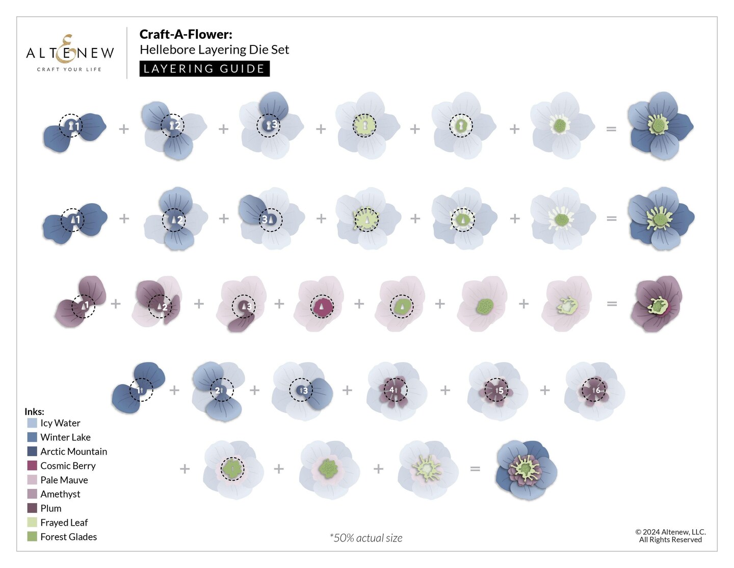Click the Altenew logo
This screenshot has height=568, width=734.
click(x=70, y=53)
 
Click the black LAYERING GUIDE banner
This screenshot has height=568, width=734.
click(x=204, y=69)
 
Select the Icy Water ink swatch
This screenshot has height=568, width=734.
click(x=32, y=423)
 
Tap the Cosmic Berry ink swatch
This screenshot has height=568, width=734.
click(x=32, y=465)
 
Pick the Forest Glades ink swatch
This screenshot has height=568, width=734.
click(x=32, y=536)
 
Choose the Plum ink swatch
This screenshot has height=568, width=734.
click(x=32, y=508)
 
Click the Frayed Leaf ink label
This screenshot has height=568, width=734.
click(x=64, y=523)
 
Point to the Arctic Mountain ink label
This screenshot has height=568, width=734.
click(x=74, y=452)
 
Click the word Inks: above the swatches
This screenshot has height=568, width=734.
click(x=34, y=411)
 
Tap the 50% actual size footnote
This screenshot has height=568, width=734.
click(x=366, y=538)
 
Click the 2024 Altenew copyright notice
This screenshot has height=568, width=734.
click(x=670, y=536)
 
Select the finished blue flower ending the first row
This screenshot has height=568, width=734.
click(x=660, y=126)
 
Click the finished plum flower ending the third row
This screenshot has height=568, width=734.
click(x=656, y=304)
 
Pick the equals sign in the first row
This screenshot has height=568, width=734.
click(x=611, y=129)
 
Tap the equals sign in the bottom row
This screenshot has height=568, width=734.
click(x=475, y=468)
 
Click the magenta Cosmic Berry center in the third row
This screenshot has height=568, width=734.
click(x=322, y=307)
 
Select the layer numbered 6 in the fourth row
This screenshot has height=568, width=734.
click(x=594, y=390)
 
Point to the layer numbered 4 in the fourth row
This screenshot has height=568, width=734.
click(x=396, y=390)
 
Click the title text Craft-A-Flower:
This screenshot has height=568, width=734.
click(x=186, y=34)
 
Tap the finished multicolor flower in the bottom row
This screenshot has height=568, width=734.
click(x=526, y=470)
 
